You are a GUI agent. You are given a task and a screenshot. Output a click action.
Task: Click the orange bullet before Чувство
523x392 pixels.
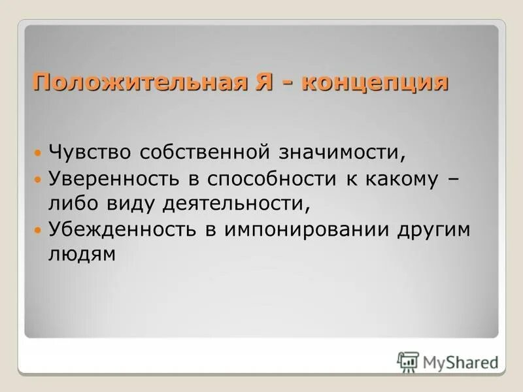38,153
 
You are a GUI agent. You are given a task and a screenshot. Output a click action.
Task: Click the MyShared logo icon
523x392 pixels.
408,360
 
